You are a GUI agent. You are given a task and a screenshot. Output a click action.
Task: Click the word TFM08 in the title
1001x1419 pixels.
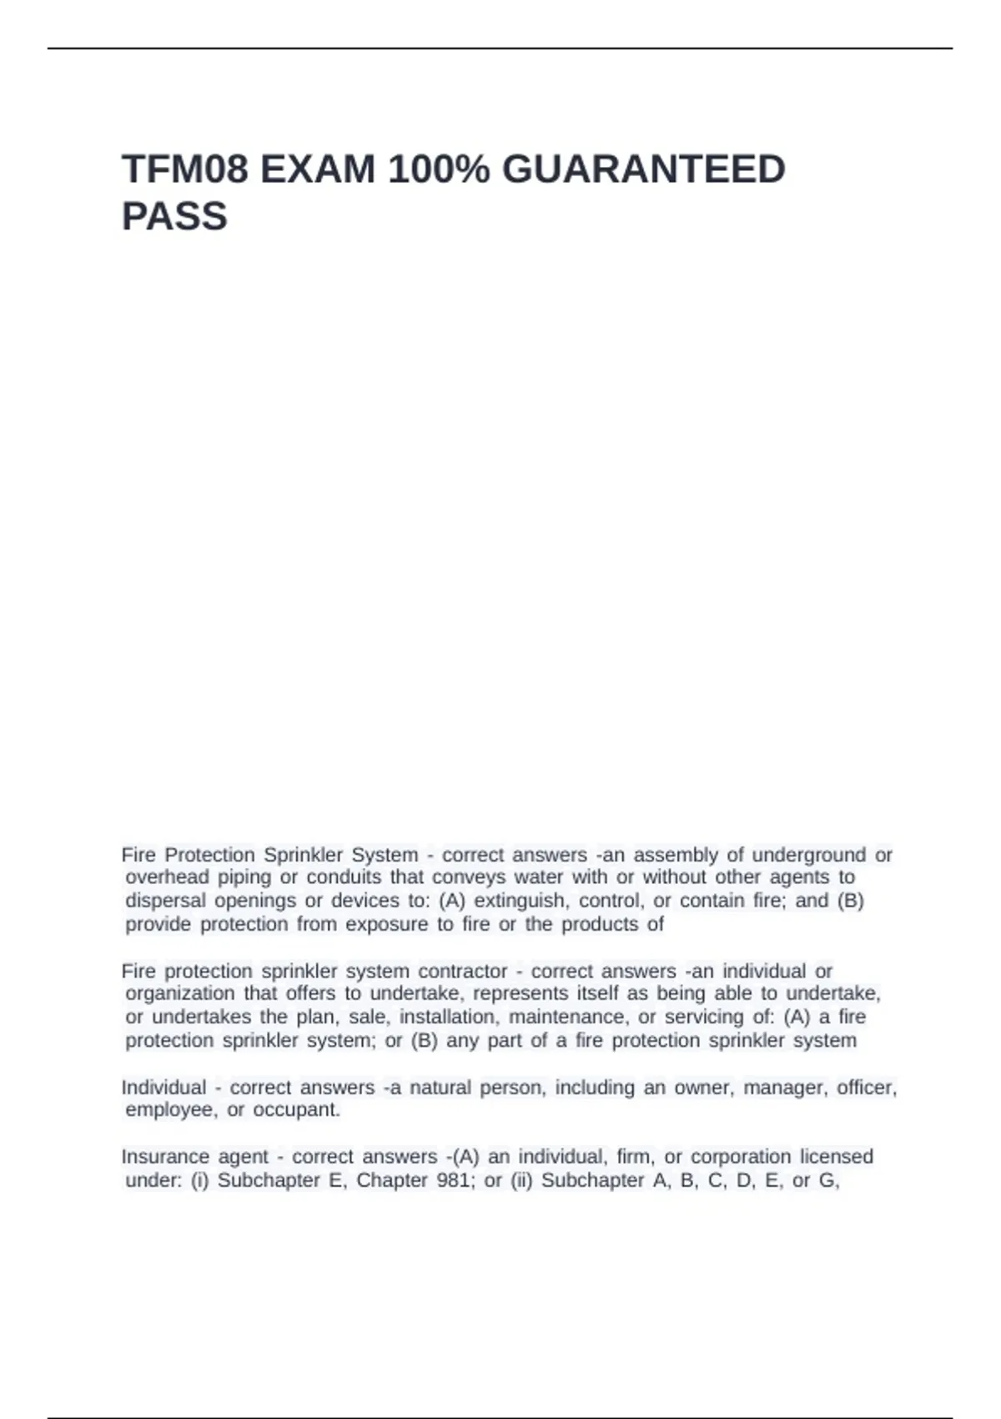185,169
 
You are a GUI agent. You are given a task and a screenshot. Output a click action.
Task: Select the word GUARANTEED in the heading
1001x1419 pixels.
643,169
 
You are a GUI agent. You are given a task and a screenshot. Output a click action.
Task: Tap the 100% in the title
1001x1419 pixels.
439,169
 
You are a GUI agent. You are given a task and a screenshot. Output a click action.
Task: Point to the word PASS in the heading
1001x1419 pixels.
174,216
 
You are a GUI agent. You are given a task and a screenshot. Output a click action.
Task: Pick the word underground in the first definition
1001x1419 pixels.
809,855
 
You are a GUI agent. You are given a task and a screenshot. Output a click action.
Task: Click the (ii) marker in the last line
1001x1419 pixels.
521,1180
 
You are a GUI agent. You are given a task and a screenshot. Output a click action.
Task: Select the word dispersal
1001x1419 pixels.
165,901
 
